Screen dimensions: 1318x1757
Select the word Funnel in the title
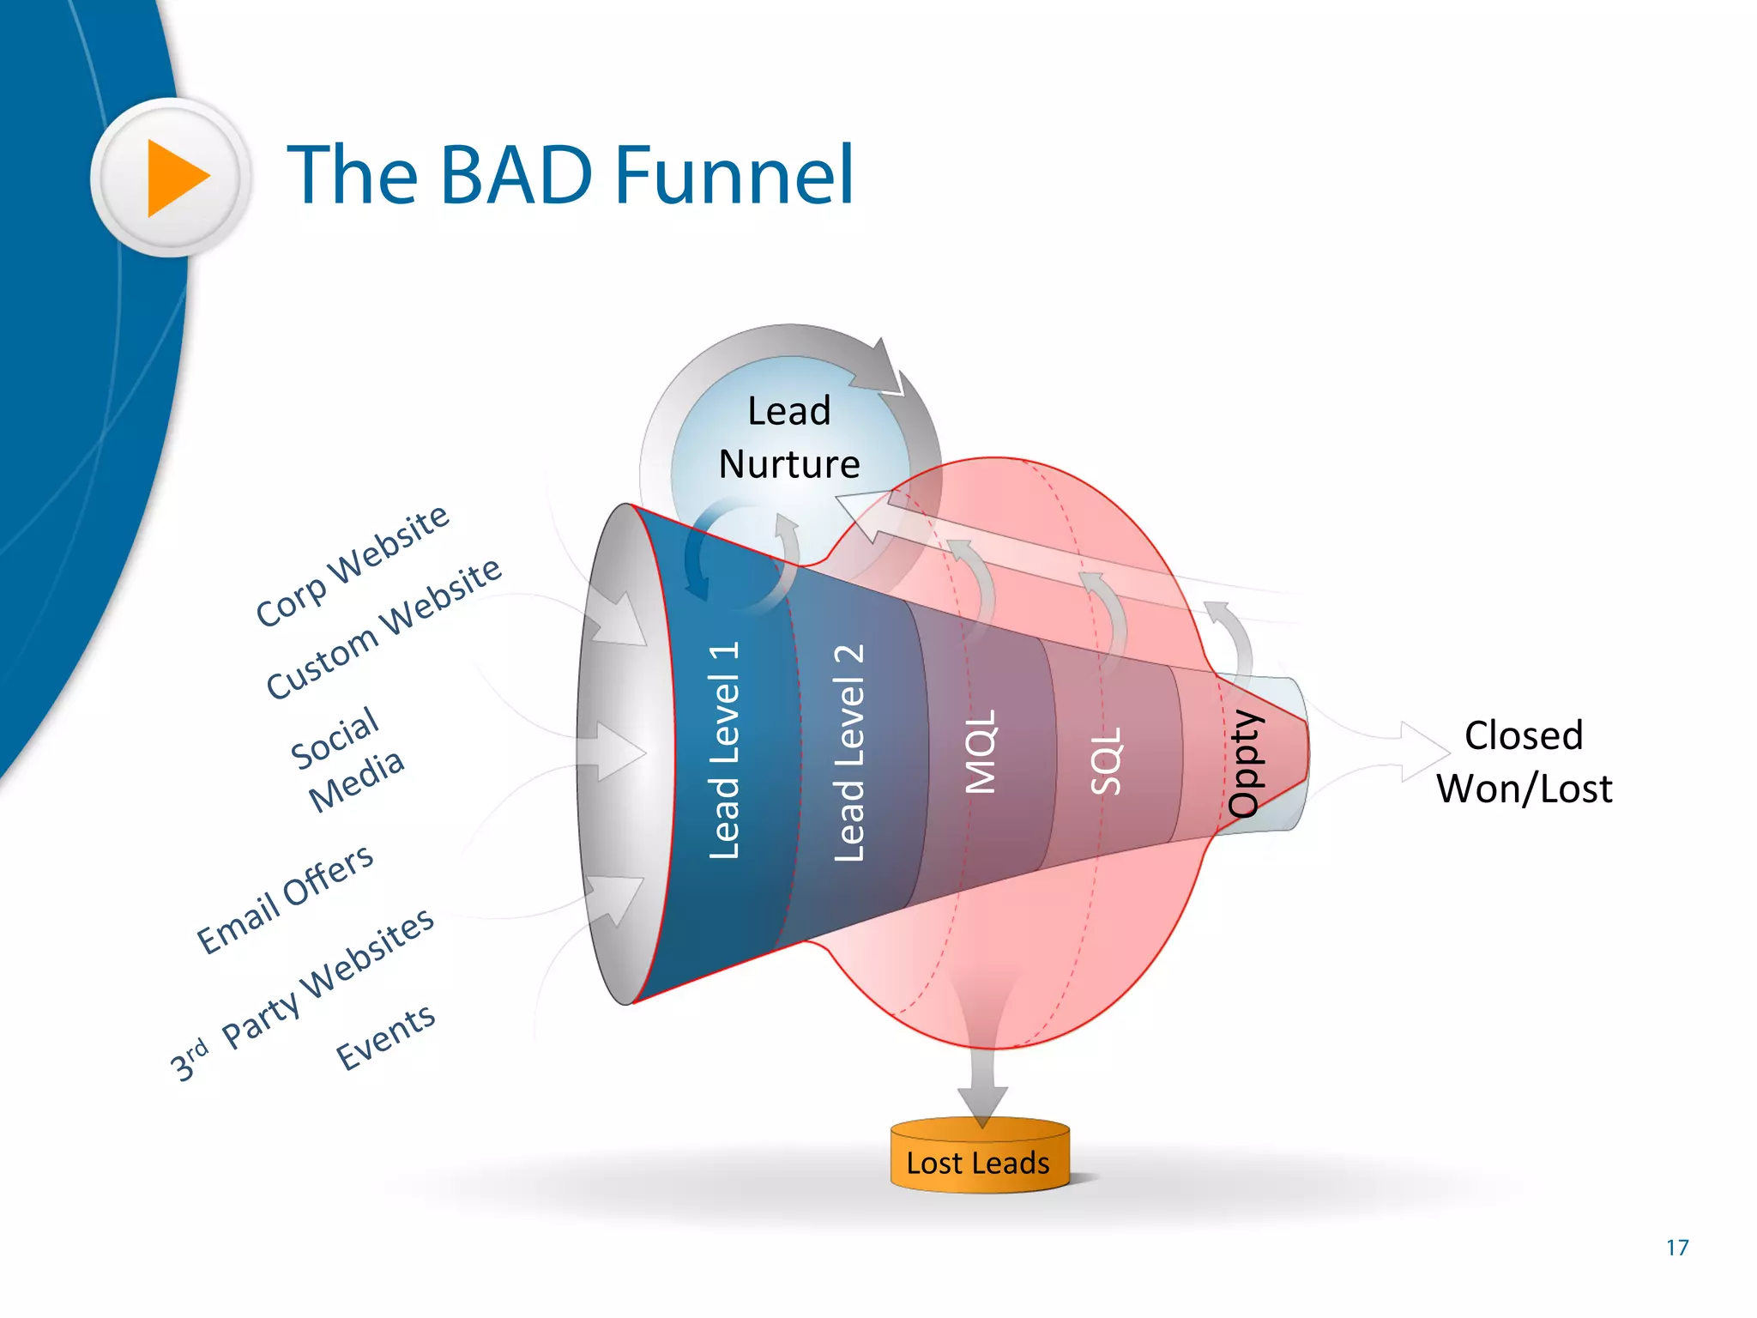pyautogui.click(x=734, y=176)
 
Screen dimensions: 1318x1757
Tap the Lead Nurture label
pyautogui.click(x=788, y=438)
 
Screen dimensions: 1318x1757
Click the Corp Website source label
pyautogui.click(x=353, y=566)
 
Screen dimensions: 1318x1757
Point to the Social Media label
pyautogui.click(x=346, y=759)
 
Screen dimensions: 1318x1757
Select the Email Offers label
pyautogui.click(x=286, y=898)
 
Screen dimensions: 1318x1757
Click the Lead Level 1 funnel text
pyautogui.click(x=723, y=750)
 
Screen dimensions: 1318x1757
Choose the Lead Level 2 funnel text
pyautogui.click(x=849, y=753)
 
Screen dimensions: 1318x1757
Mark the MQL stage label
pyautogui.click(x=981, y=752)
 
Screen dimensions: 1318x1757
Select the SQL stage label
pyautogui.click(x=1105, y=760)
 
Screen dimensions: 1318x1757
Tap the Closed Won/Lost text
pyautogui.click(x=1524, y=762)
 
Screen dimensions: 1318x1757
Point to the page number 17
pyautogui.click(x=1677, y=1248)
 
